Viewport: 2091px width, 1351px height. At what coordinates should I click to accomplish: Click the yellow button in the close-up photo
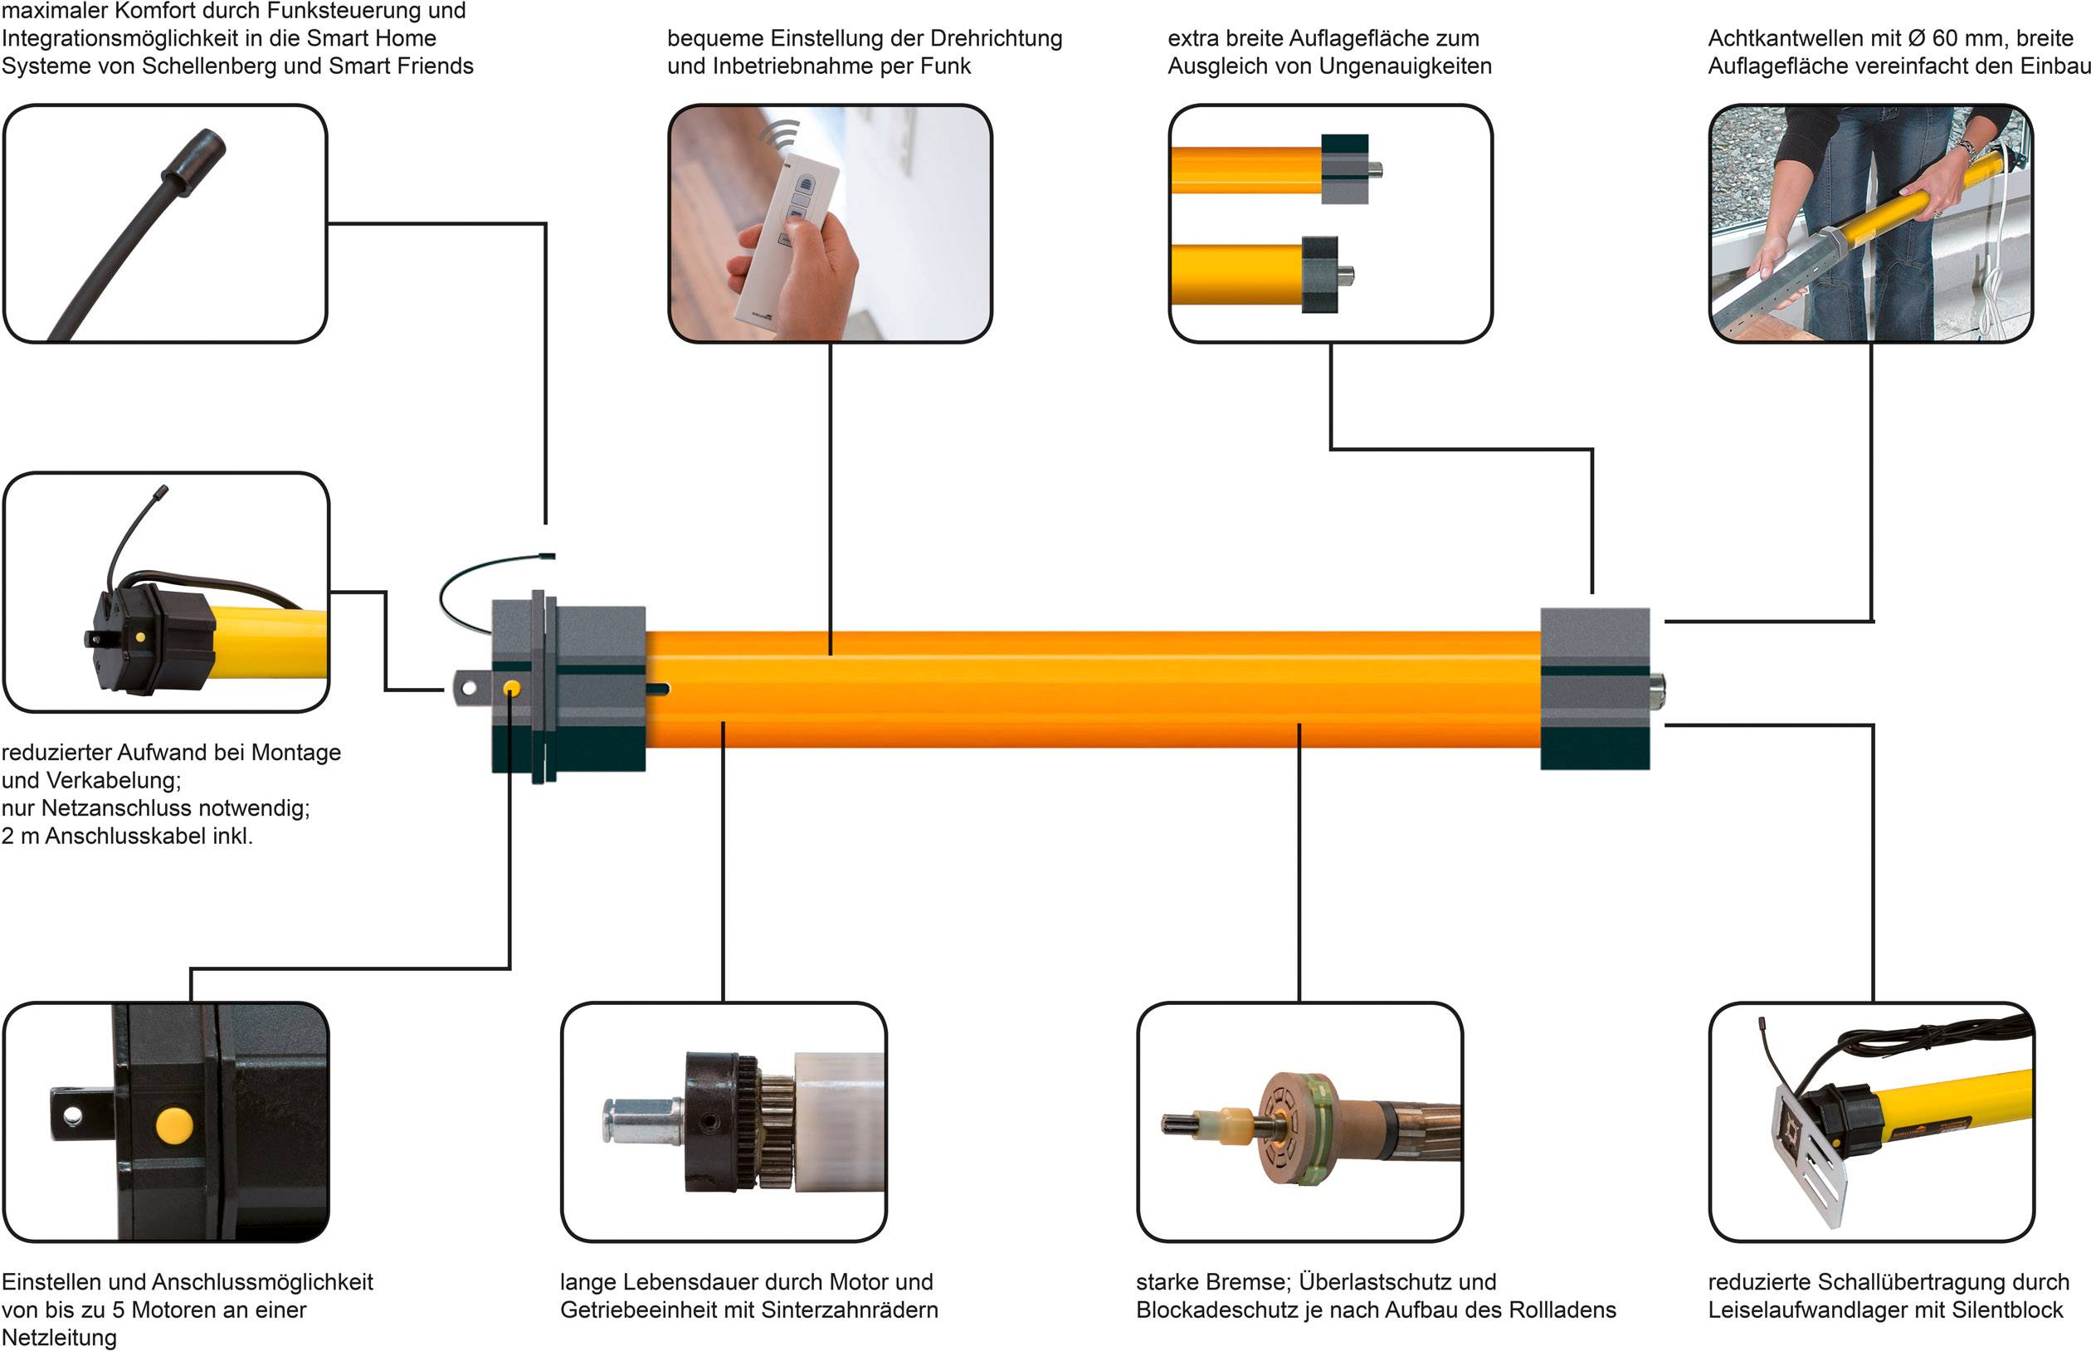coord(173,1124)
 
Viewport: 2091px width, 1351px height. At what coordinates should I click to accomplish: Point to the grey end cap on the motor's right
coord(1595,688)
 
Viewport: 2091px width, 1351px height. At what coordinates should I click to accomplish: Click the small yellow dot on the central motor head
coord(512,690)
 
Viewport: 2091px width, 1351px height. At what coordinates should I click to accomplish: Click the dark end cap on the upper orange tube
coord(1344,168)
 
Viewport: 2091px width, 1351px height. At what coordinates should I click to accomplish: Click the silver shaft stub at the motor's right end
coord(1657,690)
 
